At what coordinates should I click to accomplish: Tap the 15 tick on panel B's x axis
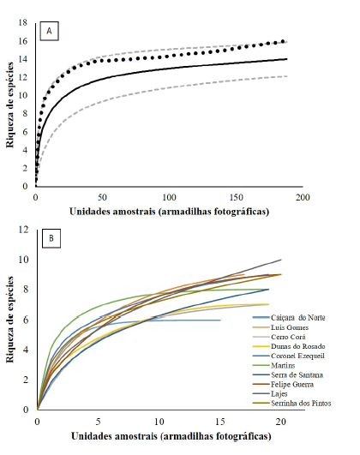click(220, 421)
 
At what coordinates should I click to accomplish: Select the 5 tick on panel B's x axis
click(99, 421)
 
